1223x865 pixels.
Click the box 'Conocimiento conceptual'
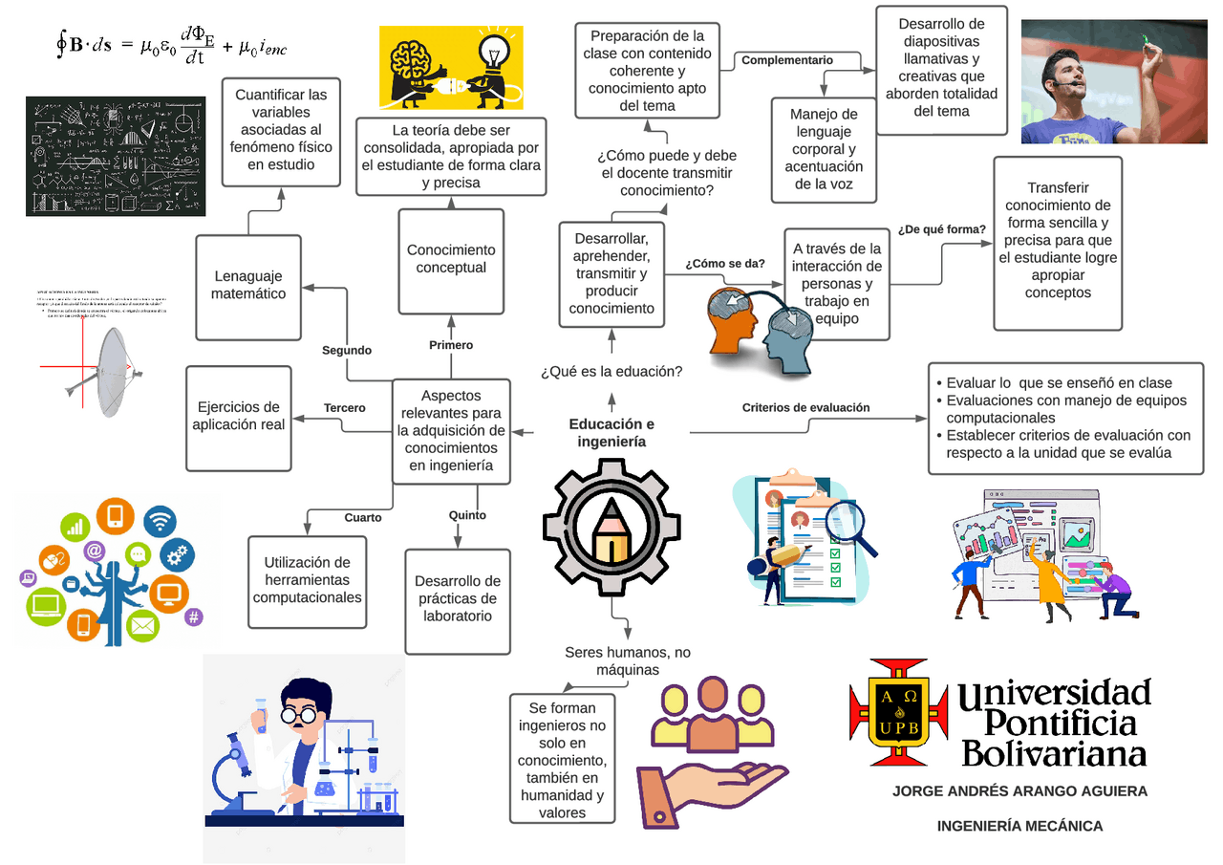point(451,261)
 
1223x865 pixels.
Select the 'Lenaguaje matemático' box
point(248,286)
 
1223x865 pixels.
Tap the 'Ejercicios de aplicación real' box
point(238,417)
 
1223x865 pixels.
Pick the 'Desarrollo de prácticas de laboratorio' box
point(458,599)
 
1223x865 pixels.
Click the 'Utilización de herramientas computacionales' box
point(308,580)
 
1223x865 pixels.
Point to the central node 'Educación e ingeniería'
point(611,433)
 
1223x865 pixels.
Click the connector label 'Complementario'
point(787,60)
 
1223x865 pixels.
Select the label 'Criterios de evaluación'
point(805,408)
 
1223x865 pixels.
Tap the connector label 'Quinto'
point(467,516)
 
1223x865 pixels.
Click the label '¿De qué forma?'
point(942,230)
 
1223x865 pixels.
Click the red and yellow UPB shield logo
point(898,712)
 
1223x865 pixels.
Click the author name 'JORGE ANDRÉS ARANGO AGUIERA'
point(1019,791)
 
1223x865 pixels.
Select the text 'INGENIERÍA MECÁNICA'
point(1019,826)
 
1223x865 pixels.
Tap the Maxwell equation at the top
point(171,45)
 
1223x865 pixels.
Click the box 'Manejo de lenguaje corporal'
point(824,149)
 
